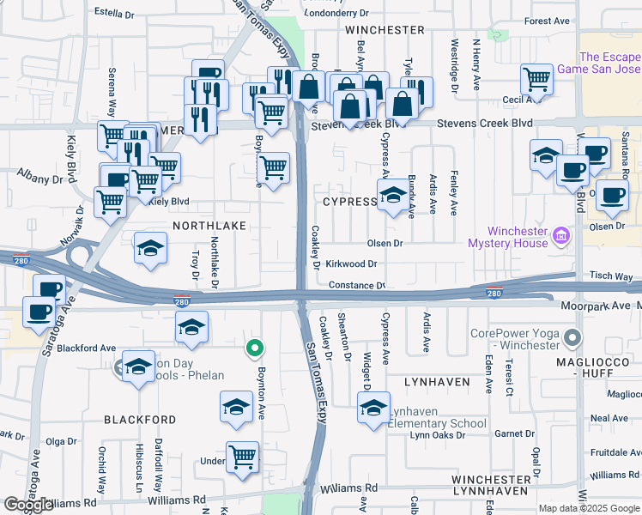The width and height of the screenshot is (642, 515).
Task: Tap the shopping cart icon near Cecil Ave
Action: point(536,79)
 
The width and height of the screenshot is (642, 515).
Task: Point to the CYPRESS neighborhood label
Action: point(349,202)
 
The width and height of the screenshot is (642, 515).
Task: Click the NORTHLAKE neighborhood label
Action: point(209,225)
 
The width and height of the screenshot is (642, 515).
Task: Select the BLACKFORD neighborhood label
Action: point(140,421)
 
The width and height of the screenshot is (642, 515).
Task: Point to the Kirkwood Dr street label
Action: point(351,264)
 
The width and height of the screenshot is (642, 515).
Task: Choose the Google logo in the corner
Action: point(28,506)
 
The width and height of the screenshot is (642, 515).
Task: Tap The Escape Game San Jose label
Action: point(598,62)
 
